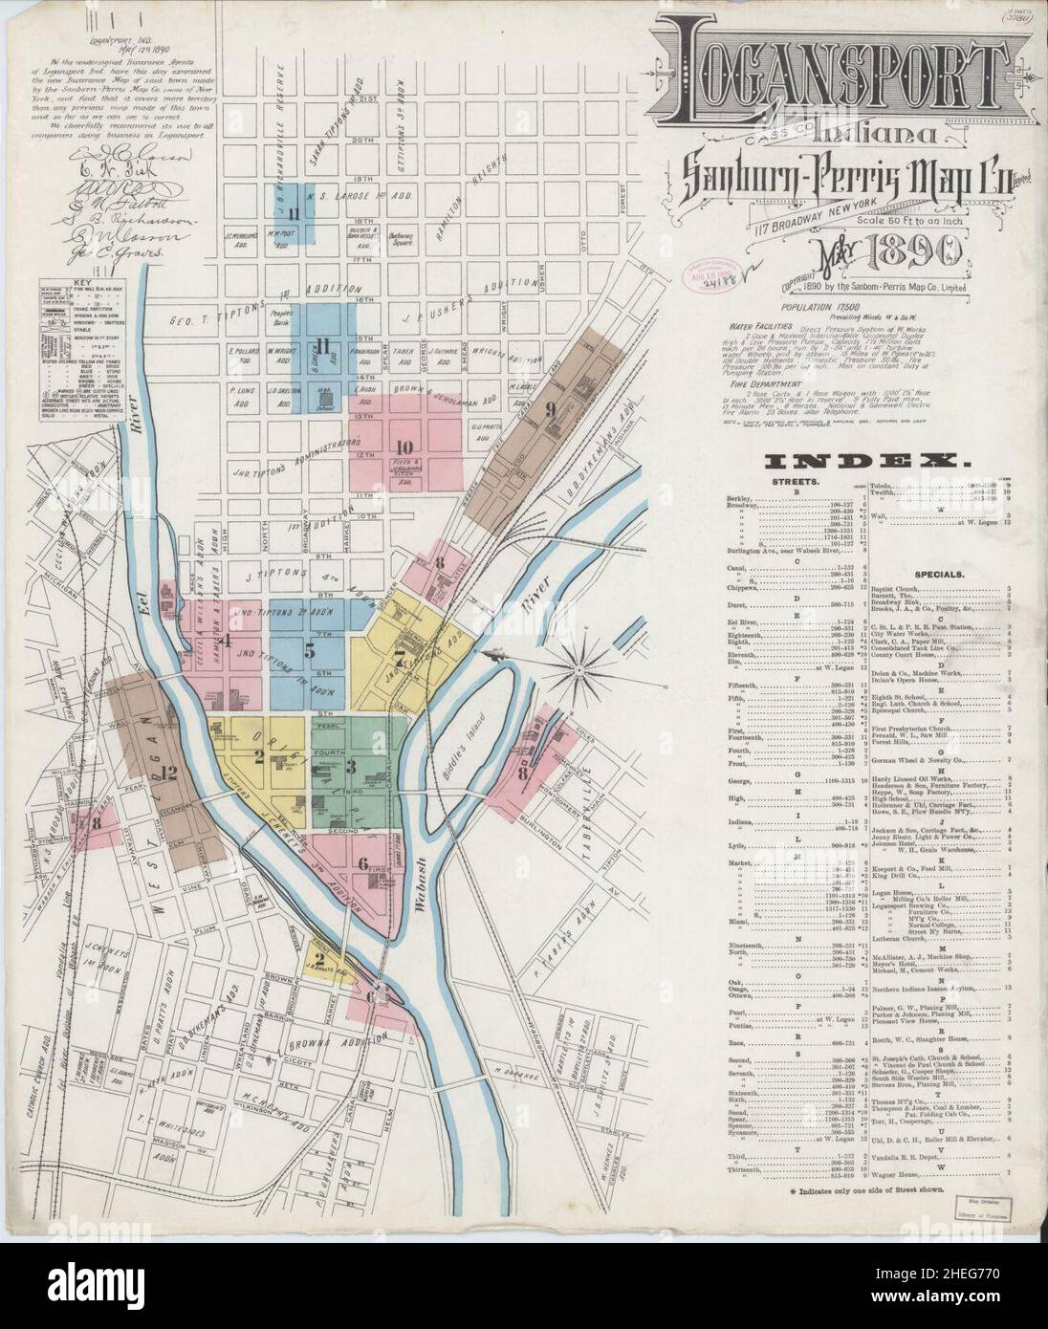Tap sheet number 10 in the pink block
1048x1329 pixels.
tap(404, 446)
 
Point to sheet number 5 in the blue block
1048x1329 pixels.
tap(309, 650)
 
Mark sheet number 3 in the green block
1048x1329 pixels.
tap(351, 765)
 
